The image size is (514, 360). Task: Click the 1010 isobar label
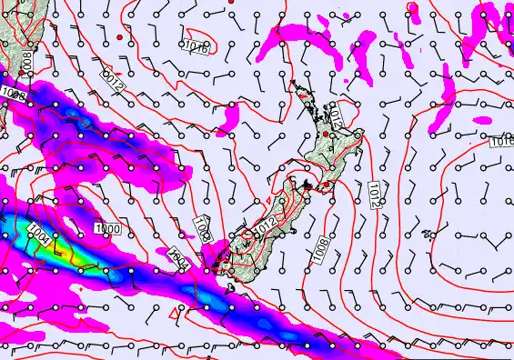pos(197,45)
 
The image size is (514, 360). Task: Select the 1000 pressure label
pos(106,229)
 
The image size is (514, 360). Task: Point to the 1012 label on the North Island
pos(336,115)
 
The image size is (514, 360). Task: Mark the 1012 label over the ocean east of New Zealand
pos(375,194)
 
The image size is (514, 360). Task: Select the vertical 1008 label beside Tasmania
pos(26,63)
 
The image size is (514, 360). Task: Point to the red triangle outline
pos(174,314)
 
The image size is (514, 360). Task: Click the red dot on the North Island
pos(326,135)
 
